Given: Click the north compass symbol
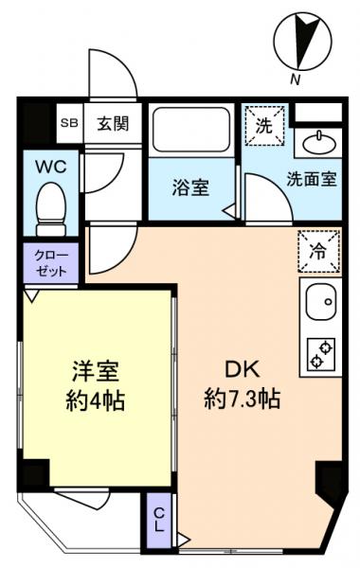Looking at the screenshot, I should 301,40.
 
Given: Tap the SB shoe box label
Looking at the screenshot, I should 69,122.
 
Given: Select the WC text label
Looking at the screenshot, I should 49,167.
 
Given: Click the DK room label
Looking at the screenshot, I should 243,369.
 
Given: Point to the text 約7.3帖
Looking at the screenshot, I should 243,399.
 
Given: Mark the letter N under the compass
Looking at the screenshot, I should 296,81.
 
